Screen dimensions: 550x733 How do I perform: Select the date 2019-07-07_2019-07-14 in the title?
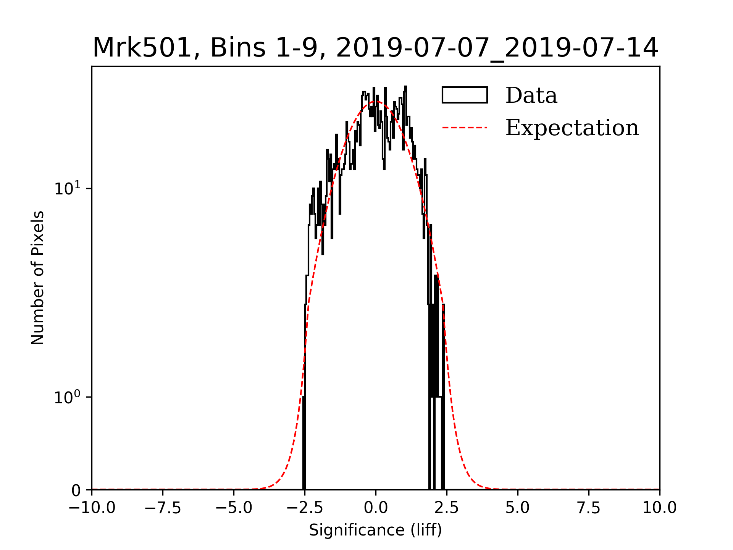click(x=497, y=48)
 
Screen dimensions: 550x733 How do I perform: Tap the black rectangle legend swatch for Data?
click(x=465, y=95)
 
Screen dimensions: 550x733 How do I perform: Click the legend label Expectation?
click(x=572, y=128)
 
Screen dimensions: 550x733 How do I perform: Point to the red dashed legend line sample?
click(x=465, y=128)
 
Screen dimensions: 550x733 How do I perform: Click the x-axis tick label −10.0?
click(x=92, y=508)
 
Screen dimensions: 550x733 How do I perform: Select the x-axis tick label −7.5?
click(x=163, y=508)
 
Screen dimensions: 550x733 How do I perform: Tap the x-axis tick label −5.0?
click(x=234, y=508)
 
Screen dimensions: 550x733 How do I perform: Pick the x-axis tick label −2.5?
click(x=305, y=508)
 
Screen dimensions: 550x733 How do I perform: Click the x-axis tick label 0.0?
click(x=376, y=508)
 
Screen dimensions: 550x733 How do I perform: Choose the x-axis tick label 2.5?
click(x=447, y=508)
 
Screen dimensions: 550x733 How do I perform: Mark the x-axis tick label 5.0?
click(x=518, y=508)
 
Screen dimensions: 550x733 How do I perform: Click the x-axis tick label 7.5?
click(x=589, y=508)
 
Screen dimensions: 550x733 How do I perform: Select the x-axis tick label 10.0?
click(x=660, y=508)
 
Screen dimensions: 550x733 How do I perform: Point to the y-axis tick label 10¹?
click(x=68, y=188)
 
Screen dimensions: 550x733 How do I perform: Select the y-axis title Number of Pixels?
click(x=38, y=278)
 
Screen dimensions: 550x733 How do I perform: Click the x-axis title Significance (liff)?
click(x=375, y=531)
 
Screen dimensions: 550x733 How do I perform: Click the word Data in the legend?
click(x=531, y=95)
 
